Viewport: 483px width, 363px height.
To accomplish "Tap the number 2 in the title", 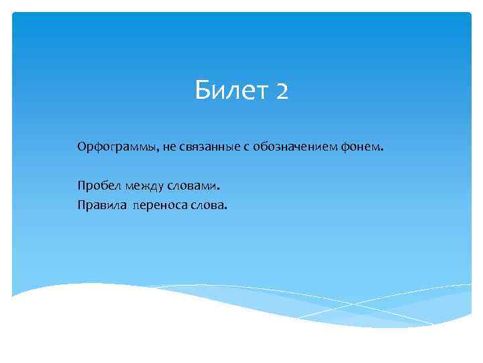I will click(282, 91).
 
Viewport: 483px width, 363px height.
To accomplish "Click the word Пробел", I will click(95, 185).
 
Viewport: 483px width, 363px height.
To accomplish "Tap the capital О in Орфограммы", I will click(81, 147).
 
